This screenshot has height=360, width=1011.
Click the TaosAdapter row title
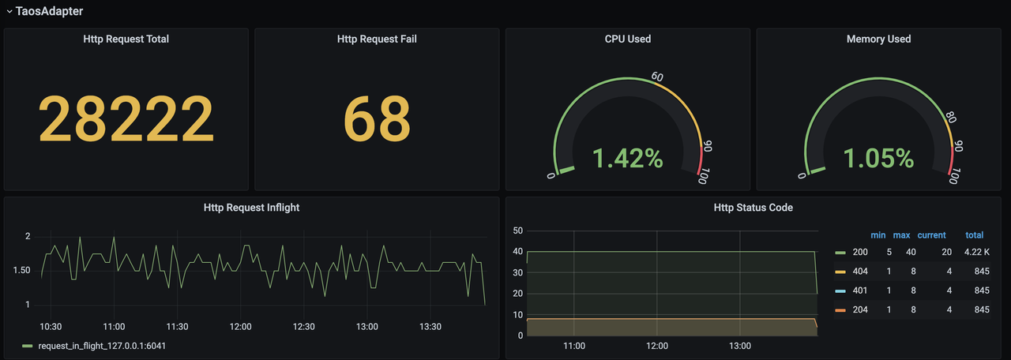49,11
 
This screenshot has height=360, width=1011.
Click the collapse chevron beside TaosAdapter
9,11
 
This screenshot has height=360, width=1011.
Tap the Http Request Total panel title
126,39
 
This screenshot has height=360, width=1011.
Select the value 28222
126,119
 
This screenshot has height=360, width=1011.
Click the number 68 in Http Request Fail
377,119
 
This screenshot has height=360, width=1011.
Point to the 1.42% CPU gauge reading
628,158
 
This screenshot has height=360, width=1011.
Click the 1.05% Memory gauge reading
878,158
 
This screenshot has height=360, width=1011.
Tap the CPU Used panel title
628,39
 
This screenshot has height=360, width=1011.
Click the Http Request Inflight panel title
251,208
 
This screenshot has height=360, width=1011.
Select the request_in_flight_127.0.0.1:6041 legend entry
102,346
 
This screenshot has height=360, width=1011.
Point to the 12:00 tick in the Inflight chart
240,326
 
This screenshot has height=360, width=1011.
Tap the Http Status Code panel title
754,208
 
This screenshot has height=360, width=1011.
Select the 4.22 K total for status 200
976,253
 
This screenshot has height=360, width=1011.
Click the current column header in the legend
931,235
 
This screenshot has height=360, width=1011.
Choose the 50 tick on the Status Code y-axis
518,231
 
